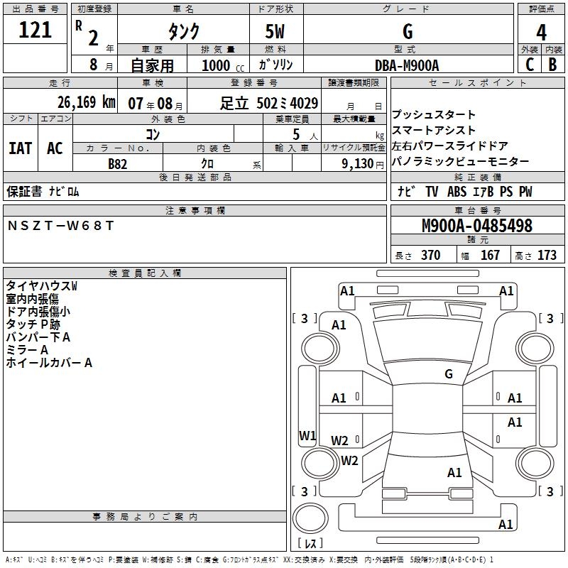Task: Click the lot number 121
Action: (x=35, y=31)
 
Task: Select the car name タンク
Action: (x=182, y=31)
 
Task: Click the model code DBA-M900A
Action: (x=407, y=65)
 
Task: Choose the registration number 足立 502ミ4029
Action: (x=269, y=103)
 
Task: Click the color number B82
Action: (x=118, y=164)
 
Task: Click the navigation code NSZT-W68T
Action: (x=60, y=226)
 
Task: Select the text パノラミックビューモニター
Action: (x=460, y=162)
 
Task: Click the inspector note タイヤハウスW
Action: (x=41, y=285)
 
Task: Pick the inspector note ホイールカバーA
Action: (x=49, y=363)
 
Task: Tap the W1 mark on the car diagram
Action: (x=307, y=435)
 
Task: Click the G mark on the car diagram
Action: (x=448, y=374)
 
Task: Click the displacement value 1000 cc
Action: (x=222, y=65)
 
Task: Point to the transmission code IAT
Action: (x=21, y=148)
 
